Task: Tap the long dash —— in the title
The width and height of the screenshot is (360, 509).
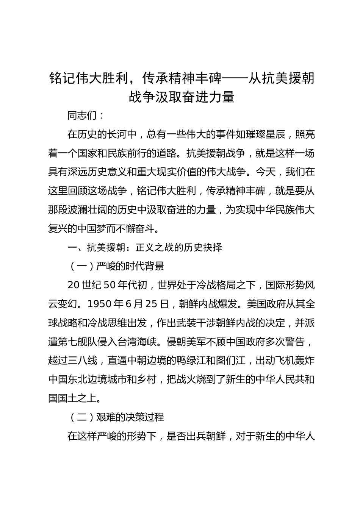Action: [235, 78]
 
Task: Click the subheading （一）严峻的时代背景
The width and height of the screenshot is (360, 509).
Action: [116, 266]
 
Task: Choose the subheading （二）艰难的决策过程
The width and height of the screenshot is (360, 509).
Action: [116, 417]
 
